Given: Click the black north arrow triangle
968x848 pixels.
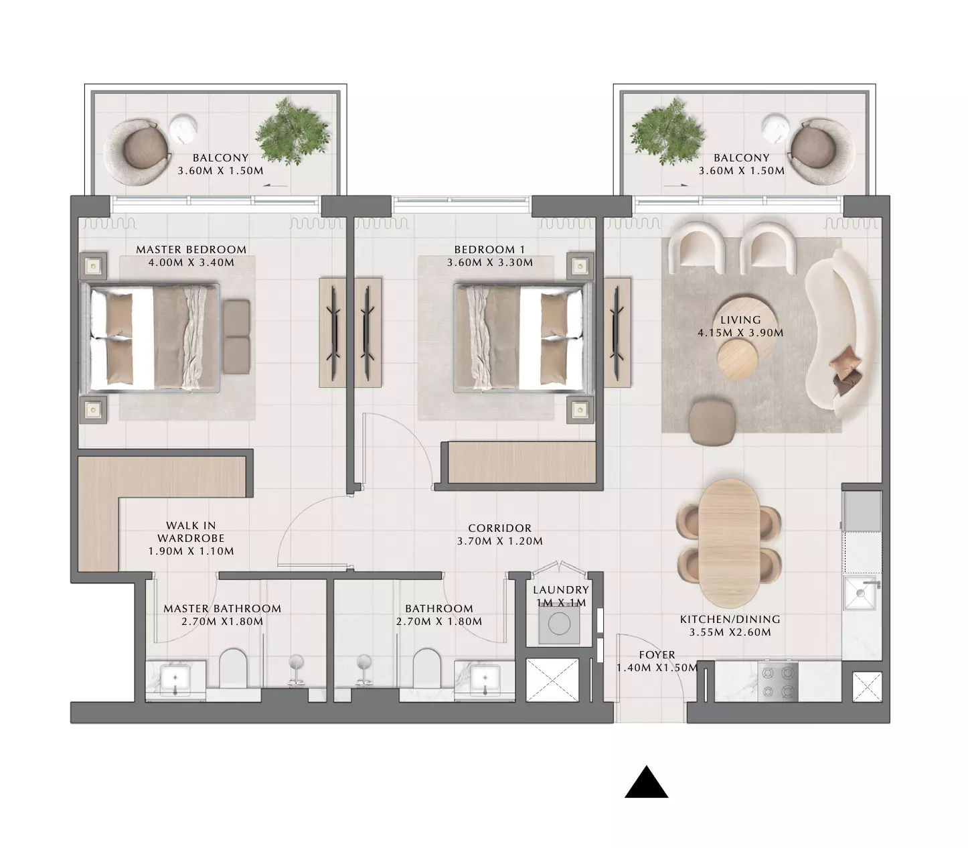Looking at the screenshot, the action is (x=646, y=784).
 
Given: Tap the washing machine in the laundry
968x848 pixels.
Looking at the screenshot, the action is (x=559, y=624).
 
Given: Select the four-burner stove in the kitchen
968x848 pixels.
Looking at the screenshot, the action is (x=778, y=682).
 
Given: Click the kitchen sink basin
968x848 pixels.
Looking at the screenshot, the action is (x=860, y=593).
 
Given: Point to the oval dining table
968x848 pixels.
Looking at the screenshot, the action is (x=730, y=543).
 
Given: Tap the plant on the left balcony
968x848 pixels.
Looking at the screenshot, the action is (x=292, y=132).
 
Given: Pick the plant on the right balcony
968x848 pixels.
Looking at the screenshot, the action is (x=667, y=132).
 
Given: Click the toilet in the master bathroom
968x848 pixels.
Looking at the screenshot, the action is (x=233, y=668).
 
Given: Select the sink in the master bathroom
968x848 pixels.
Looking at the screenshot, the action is (x=175, y=681).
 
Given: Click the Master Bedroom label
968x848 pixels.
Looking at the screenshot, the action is (x=191, y=249).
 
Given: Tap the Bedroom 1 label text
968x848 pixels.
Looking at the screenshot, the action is (x=489, y=249).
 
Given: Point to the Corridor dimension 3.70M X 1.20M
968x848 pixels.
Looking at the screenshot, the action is (x=499, y=541).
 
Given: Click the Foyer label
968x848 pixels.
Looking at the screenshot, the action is (x=657, y=655).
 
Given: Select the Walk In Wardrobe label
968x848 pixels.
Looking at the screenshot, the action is (x=191, y=532).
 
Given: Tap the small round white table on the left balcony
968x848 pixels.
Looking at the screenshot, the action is (x=183, y=129).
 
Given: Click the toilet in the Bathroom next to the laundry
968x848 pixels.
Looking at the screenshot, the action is (x=426, y=668).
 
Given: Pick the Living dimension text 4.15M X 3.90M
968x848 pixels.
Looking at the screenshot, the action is (x=740, y=333).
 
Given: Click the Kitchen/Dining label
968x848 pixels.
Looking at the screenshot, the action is (x=730, y=619).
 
